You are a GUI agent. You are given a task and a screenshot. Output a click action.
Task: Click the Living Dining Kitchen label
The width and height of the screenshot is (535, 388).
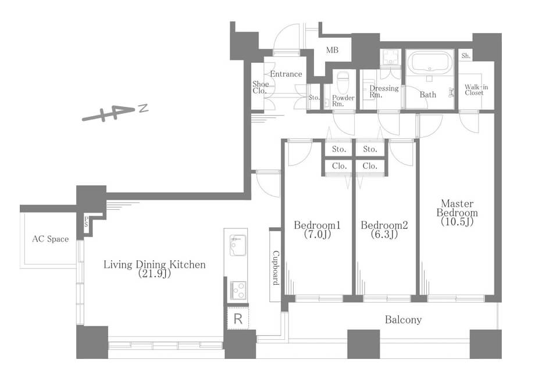(155, 268)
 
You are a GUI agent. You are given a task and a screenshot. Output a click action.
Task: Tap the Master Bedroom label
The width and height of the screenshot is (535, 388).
(457, 213)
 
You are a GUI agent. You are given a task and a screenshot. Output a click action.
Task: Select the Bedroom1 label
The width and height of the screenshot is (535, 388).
(318, 229)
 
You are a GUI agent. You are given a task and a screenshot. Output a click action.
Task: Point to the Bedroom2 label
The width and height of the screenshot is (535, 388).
(384, 229)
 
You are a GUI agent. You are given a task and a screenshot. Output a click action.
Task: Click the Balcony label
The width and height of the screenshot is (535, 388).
(404, 319)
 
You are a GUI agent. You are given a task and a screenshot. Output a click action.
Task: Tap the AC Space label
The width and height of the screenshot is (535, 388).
(51, 239)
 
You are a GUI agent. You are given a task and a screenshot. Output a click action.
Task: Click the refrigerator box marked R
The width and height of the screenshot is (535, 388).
(238, 319)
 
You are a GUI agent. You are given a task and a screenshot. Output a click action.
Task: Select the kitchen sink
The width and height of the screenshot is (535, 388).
(237, 245)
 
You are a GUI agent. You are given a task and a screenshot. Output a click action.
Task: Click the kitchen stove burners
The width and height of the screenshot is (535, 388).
(238, 290)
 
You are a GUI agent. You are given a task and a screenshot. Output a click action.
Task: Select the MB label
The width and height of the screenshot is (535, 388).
(332, 50)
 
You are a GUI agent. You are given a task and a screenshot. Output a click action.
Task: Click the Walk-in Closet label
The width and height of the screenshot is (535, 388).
(476, 89)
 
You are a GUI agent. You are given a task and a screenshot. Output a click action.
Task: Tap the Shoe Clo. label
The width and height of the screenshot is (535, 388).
(261, 87)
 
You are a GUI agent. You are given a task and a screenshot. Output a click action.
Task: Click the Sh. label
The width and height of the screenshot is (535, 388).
(466, 56)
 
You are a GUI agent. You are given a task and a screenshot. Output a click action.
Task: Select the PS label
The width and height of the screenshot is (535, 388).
(87, 222)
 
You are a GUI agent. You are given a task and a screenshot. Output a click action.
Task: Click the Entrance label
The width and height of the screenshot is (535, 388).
(286, 74)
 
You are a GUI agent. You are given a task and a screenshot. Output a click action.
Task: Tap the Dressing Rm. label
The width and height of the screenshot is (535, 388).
(384, 91)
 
